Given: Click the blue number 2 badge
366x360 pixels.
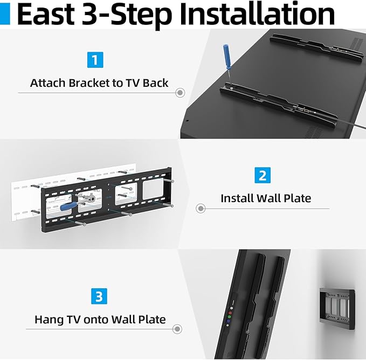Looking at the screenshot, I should pos(262,175).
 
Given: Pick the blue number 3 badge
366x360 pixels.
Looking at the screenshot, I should pos(99,296).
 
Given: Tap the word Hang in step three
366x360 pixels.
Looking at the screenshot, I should pos(47,319).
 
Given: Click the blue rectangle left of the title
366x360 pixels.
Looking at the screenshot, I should pos(5,15).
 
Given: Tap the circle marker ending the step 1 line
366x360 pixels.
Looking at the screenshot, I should pos(181,93).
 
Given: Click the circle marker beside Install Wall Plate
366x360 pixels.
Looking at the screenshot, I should pos(201,208).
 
